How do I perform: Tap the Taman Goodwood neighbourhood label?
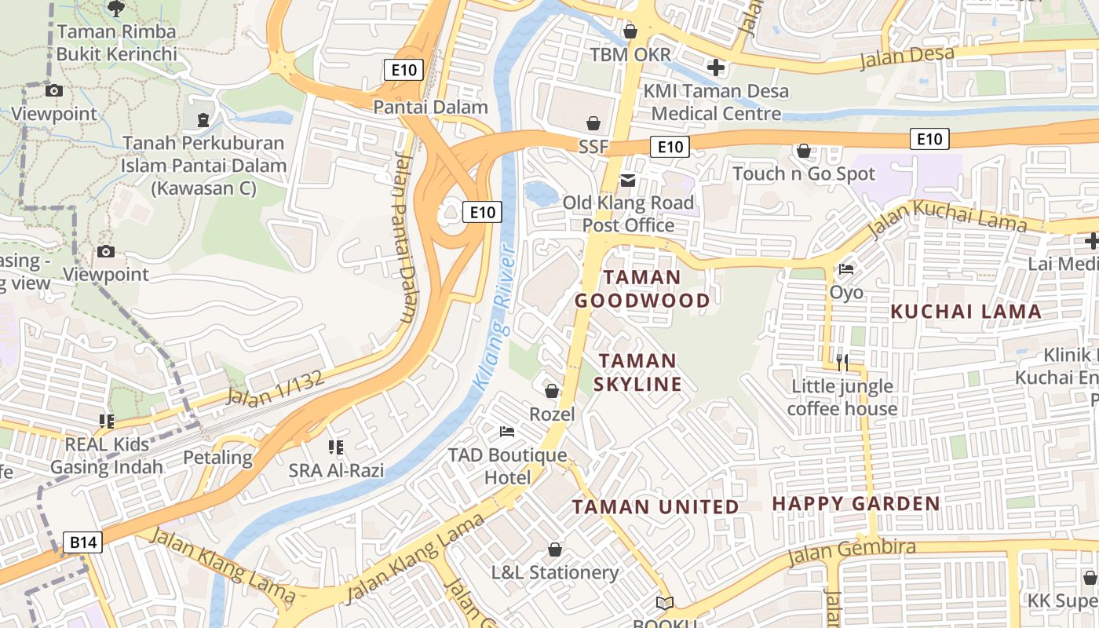click(x=642, y=289)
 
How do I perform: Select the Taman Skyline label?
click(x=637, y=372)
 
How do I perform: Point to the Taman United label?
click(x=655, y=507)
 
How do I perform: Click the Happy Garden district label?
click(x=856, y=504)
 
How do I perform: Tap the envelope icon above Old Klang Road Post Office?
click(x=628, y=181)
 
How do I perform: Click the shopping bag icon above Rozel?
click(x=552, y=390)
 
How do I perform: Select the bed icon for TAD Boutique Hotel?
click(x=507, y=432)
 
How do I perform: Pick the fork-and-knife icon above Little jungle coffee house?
click(x=842, y=362)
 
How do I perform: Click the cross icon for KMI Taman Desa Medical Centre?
click(x=715, y=68)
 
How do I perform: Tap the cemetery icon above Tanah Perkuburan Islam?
click(x=203, y=120)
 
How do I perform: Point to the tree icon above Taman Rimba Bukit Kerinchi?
click(x=116, y=9)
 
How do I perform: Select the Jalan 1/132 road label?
click(x=275, y=388)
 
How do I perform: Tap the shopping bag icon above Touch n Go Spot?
click(x=803, y=150)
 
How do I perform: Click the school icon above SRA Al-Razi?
click(x=336, y=447)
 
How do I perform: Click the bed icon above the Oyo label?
click(x=846, y=268)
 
